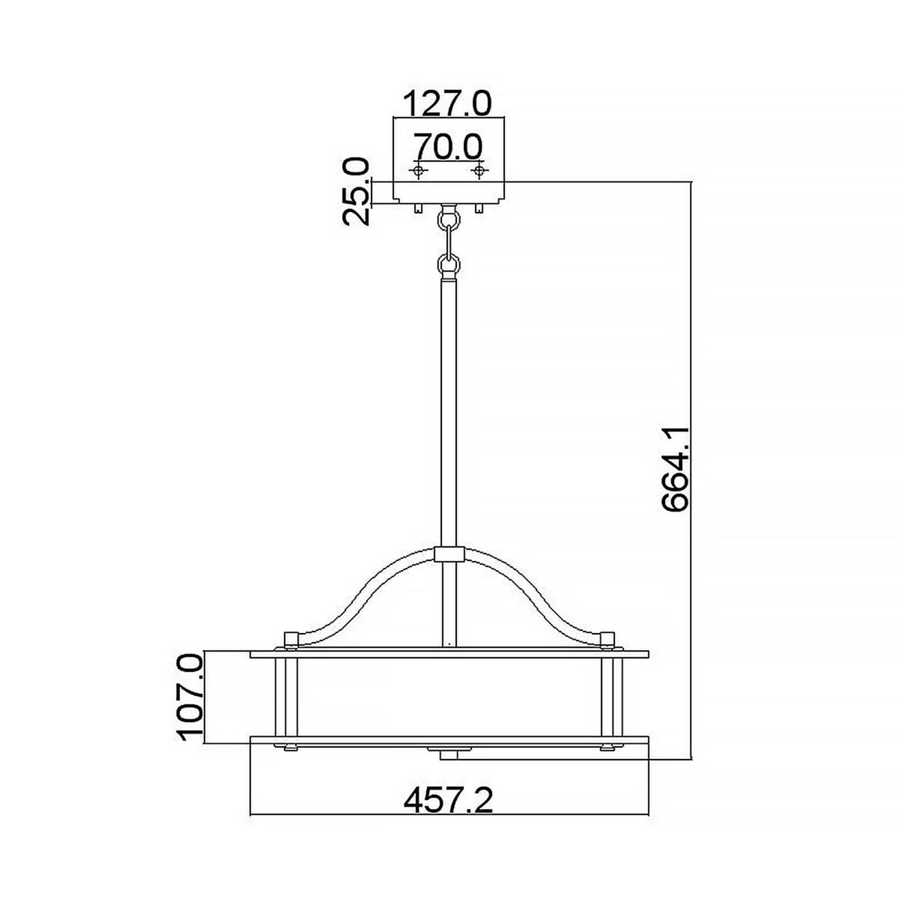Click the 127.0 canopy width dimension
(447, 103)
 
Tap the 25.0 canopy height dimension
(357, 191)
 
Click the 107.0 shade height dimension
(190, 697)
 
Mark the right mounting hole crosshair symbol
(478, 172)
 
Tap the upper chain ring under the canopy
(449, 219)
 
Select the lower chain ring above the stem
(449, 264)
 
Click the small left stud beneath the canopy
(414, 208)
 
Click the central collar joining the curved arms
(449, 555)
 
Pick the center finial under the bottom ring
(449, 751)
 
